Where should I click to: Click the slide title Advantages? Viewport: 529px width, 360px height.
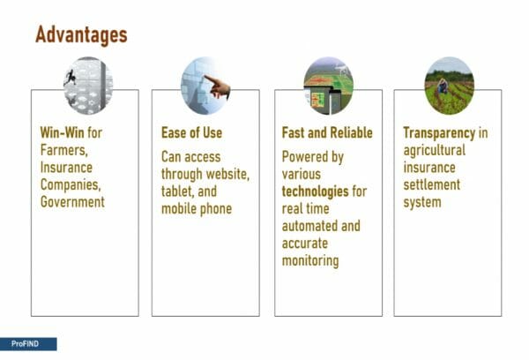pyautogui.click(x=81, y=35)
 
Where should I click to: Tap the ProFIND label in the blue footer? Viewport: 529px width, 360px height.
pyautogui.click(x=25, y=344)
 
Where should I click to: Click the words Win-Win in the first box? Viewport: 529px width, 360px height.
pyautogui.click(x=62, y=132)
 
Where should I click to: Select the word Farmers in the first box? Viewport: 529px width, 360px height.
pyautogui.click(x=64, y=150)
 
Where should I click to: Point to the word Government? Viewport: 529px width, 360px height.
pyautogui.click(x=72, y=201)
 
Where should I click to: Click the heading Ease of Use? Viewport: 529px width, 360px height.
pyautogui.click(x=191, y=132)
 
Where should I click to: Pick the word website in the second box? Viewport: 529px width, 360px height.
pyautogui.click(x=227, y=174)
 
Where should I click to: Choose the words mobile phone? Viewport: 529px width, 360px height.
pyautogui.click(x=197, y=209)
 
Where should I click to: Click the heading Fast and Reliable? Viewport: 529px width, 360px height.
pyautogui.click(x=327, y=132)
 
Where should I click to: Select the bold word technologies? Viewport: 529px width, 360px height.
pyautogui.click(x=315, y=191)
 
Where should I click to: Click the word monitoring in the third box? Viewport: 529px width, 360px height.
pyautogui.click(x=310, y=261)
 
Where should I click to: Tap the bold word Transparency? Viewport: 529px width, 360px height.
pyautogui.click(x=439, y=133)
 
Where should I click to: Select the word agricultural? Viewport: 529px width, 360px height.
pyautogui.click(x=434, y=150)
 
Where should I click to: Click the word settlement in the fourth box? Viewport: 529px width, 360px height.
pyautogui.click(x=431, y=184)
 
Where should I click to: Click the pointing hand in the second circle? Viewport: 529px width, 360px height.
pyautogui.click(x=218, y=86)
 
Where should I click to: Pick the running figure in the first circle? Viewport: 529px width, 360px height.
pyautogui.click(x=71, y=78)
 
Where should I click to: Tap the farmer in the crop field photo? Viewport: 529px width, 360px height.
pyautogui.click(x=443, y=86)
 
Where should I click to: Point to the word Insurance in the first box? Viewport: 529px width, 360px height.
pyautogui.click(x=66, y=167)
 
